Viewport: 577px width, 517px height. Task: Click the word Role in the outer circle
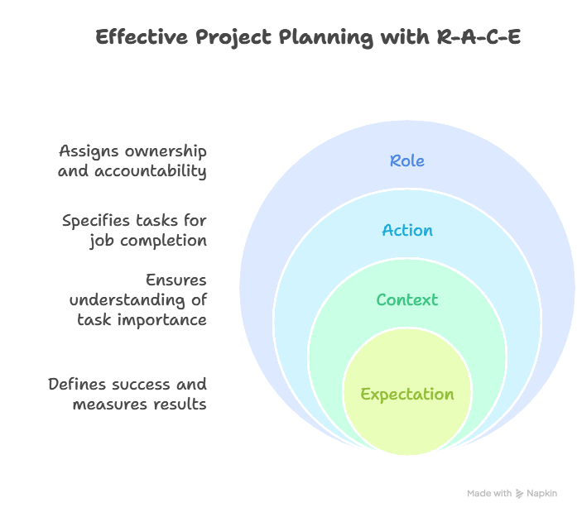tap(407, 160)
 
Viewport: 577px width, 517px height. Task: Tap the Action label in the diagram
tap(407, 230)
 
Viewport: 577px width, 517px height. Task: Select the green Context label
tap(406, 299)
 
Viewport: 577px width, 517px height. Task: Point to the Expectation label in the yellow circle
tap(407, 394)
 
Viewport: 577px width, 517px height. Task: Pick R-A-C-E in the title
tap(478, 37)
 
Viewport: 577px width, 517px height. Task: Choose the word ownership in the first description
tap(166, 151)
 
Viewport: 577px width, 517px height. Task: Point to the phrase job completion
tap(148, 241)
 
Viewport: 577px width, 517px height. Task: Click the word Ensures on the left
tap(176, 280)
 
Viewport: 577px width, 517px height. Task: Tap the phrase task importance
tap(142, 319)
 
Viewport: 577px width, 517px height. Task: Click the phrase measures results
tap(140, 404)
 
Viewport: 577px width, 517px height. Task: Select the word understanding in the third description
tap(129, 299)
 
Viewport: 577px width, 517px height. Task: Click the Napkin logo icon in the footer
tap(520, 493)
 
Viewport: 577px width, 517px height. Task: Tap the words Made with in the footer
tap(489, 493)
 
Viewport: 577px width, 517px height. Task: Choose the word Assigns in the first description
tap(88, 151)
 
